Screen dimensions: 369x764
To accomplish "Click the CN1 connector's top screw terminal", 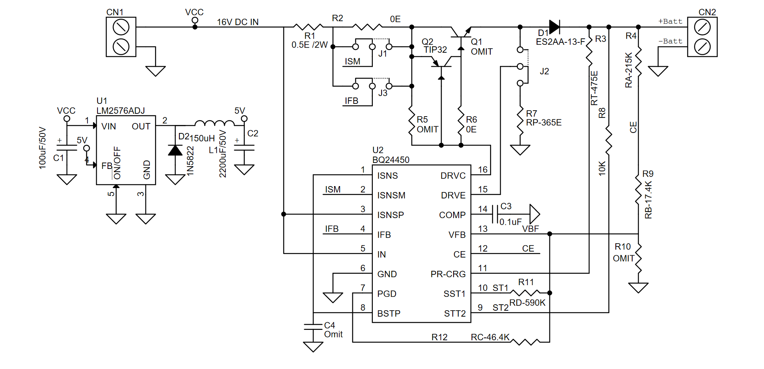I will tap(121, 28).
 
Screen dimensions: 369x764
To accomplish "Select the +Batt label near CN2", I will tap(670, 22).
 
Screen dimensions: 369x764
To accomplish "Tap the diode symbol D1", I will tap(554, 27).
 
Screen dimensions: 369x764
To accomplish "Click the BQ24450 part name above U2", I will tap(391, 160).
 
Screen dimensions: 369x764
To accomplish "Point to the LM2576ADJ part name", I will tap(121, 111).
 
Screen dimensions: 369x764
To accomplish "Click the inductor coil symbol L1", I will tap(215, 123).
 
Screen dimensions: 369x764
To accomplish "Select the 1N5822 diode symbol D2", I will tap(175, 151).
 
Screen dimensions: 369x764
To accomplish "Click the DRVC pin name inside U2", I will tap(453, 176).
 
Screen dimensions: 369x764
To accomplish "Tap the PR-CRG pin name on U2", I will tap(448, 274).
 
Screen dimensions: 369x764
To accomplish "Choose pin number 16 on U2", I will tap(483, 170).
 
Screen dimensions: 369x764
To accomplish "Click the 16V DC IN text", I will tap(238, 22).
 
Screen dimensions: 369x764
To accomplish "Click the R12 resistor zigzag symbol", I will tap(525, 342).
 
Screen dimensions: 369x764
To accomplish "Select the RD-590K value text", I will tap(527, 303).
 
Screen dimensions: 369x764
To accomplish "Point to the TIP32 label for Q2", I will tap(435, 50).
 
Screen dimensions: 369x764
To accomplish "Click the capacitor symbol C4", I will tap(313, 327).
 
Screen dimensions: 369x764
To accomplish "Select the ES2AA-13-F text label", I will tap(560, 42).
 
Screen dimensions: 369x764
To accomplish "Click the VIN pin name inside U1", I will tap(108, 127).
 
